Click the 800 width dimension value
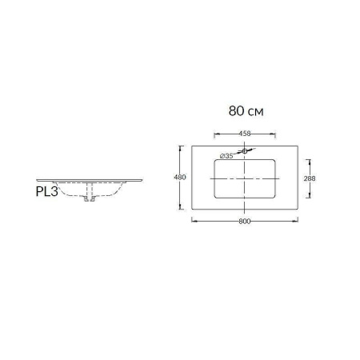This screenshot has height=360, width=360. (245, 221)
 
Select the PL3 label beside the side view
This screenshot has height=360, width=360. (46, 192)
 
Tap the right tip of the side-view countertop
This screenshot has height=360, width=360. (143, 178)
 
